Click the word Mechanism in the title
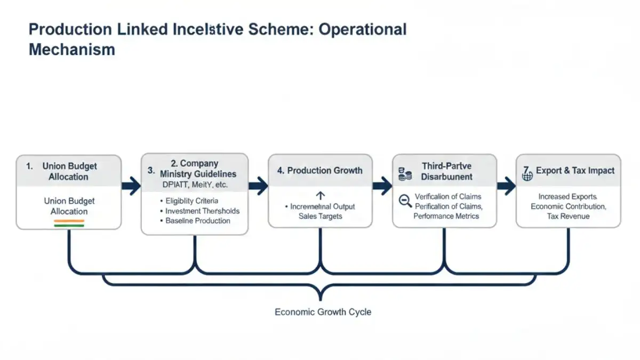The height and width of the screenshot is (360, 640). coord(71,50)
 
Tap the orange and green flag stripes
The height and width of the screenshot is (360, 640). coord(69,223)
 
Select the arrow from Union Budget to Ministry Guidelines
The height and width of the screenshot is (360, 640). coord(131,186)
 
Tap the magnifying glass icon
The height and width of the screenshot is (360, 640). coord(405,201)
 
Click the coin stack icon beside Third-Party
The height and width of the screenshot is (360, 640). coord(405,173)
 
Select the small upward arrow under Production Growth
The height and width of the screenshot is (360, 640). coord(321,196)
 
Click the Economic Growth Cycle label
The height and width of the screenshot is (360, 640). coord(323,312)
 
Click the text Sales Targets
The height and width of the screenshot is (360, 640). coord(321,216)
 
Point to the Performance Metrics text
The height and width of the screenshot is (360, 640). coord(446,216)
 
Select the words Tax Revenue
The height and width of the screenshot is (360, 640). coord(568,216)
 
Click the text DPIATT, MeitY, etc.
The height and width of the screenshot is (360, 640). coord(195,185)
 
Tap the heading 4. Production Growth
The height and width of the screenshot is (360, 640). coord(319,171)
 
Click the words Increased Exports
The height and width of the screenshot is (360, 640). coord(567,196)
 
